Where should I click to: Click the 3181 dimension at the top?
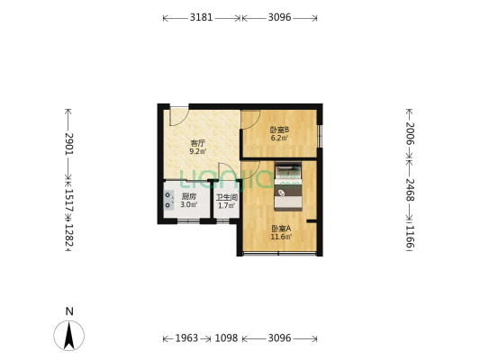click(202, 17)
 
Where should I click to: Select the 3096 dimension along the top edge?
click(279, 17)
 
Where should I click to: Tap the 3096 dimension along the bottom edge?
click(279, 338)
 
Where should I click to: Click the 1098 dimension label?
click(226, 338)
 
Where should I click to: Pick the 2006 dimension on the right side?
click(409, 134)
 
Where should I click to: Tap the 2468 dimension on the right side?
click(409, 192)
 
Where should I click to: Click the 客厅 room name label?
click(197, 143)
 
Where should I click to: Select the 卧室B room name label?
click(279, 130)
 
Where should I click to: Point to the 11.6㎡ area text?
click(280, 237)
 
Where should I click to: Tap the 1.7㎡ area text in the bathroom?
click(225, 206)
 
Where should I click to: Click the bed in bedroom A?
click(289, 185)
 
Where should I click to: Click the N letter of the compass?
click(69, 311)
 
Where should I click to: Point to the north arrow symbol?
click(69, 337)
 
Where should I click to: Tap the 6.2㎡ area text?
click(280, 138)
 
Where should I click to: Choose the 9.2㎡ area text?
click(197, 151)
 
